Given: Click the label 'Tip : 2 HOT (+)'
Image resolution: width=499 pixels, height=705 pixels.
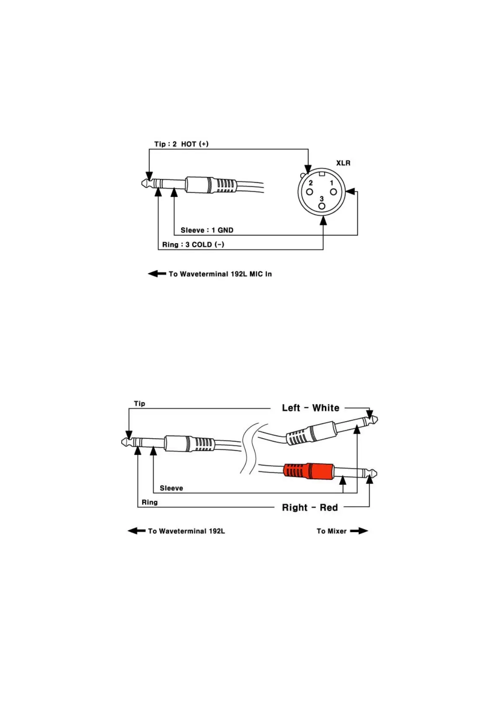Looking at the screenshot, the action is pyautogui.click(x=181, y=144).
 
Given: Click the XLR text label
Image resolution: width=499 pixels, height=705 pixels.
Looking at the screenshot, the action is pyautogui.click(x=343, y=163).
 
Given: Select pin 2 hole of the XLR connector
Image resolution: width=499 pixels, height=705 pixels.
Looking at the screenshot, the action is pyautogui.click(x=309, y=192).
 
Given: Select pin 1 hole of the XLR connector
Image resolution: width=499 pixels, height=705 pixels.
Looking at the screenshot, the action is pyautogui.click(x=333, y=192).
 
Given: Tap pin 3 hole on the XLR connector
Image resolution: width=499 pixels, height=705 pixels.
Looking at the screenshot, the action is pyautogui.click(x=322, y=206).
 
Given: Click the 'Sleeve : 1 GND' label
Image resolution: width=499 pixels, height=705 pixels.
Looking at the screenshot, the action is pyautogui.click(x=207, y=230).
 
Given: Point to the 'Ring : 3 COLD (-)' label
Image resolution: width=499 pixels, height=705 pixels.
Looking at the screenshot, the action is pyautogui.click(x=193, y=244).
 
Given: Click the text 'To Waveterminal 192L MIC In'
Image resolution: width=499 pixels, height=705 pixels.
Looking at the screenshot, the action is pyautogui.click(x=220, y=274).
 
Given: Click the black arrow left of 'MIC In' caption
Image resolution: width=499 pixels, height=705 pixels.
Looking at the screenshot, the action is pyautogui.click(x=157, y=274).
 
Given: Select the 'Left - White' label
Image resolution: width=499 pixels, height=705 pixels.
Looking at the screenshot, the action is pyautogui.click(x=310, y=408).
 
